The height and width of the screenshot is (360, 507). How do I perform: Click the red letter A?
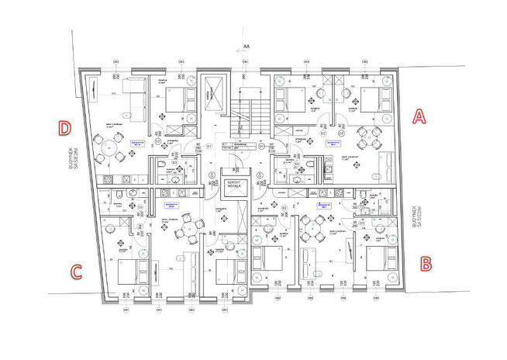(419, 116)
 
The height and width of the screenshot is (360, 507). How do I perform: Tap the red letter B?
(426, 264)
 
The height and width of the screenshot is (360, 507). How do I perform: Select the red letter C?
(76, 272)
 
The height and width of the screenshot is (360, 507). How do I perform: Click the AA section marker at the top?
(247, 47)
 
